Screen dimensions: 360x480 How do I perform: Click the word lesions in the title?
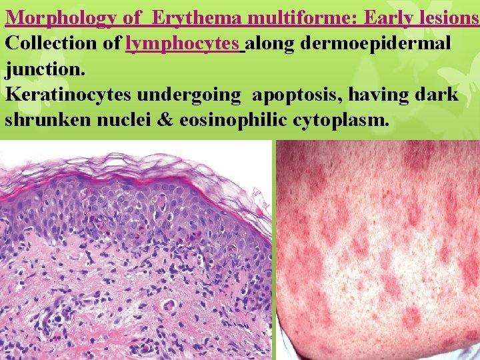click(445, 18)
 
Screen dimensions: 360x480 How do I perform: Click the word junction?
click(41, 69)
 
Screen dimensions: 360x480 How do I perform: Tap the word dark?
click(437, 95)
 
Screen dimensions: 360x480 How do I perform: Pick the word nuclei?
click(121, 121)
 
